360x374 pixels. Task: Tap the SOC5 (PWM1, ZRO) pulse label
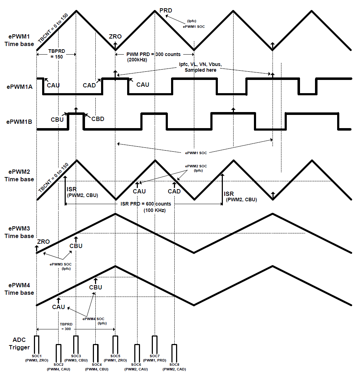115,358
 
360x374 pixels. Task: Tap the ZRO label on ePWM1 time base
115,36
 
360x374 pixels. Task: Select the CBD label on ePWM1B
97,119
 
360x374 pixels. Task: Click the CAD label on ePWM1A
89,85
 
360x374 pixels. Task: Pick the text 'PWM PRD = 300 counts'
154,54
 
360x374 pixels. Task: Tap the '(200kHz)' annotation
137,60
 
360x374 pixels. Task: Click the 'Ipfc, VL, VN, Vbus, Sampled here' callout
200,67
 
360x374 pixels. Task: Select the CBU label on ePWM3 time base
76,246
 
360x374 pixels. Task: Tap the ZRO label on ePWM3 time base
43,242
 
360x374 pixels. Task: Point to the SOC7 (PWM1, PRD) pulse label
154,358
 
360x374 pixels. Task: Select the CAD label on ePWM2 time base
174,191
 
